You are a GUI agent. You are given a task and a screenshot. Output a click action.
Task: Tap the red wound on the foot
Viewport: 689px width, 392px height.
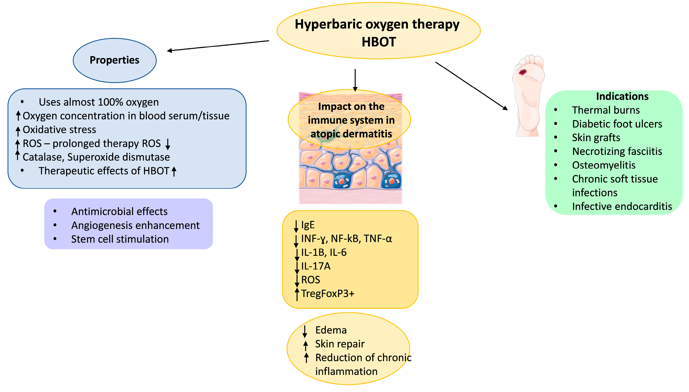click(x=523, y=72)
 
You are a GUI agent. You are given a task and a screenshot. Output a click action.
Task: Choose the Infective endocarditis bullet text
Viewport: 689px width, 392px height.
click(x=622, y=206)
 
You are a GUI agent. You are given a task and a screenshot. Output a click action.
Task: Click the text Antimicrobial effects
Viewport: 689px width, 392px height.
click(x=119, y=212)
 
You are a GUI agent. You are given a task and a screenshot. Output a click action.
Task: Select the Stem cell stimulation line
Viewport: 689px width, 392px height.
click(x=120, y=239)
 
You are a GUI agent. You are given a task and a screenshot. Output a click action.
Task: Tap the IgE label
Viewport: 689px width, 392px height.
click(x=308, y=225)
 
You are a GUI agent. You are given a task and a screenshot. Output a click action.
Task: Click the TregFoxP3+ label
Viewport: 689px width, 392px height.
click(x=328, y=294)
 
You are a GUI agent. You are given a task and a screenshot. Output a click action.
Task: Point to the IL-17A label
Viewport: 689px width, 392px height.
click(x=316, y=266)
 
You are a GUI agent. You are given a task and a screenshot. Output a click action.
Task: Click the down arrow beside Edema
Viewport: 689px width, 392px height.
click(x=305, y=331)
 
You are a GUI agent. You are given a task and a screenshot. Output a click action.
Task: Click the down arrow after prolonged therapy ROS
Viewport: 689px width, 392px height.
click(x=168, y=144)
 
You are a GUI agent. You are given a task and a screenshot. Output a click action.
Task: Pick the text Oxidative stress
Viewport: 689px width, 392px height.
click(x=59, y=130)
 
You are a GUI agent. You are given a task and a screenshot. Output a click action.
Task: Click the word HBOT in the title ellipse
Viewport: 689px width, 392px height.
click(x=379, y=42)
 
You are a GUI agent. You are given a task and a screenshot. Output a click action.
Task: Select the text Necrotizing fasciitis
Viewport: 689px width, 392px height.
click(x=617, y=151)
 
